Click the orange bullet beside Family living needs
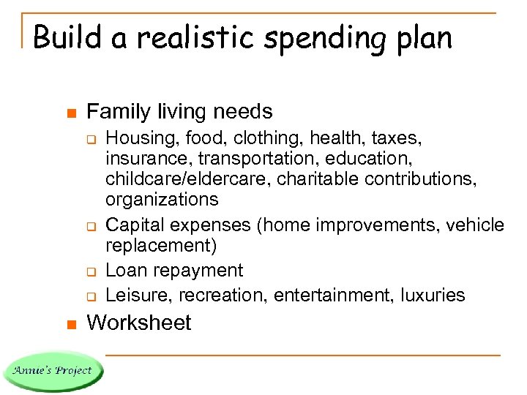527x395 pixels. [71, 113]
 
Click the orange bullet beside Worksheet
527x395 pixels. [71, 324]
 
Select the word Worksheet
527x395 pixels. [138, 323]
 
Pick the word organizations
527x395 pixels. [162, 199]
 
